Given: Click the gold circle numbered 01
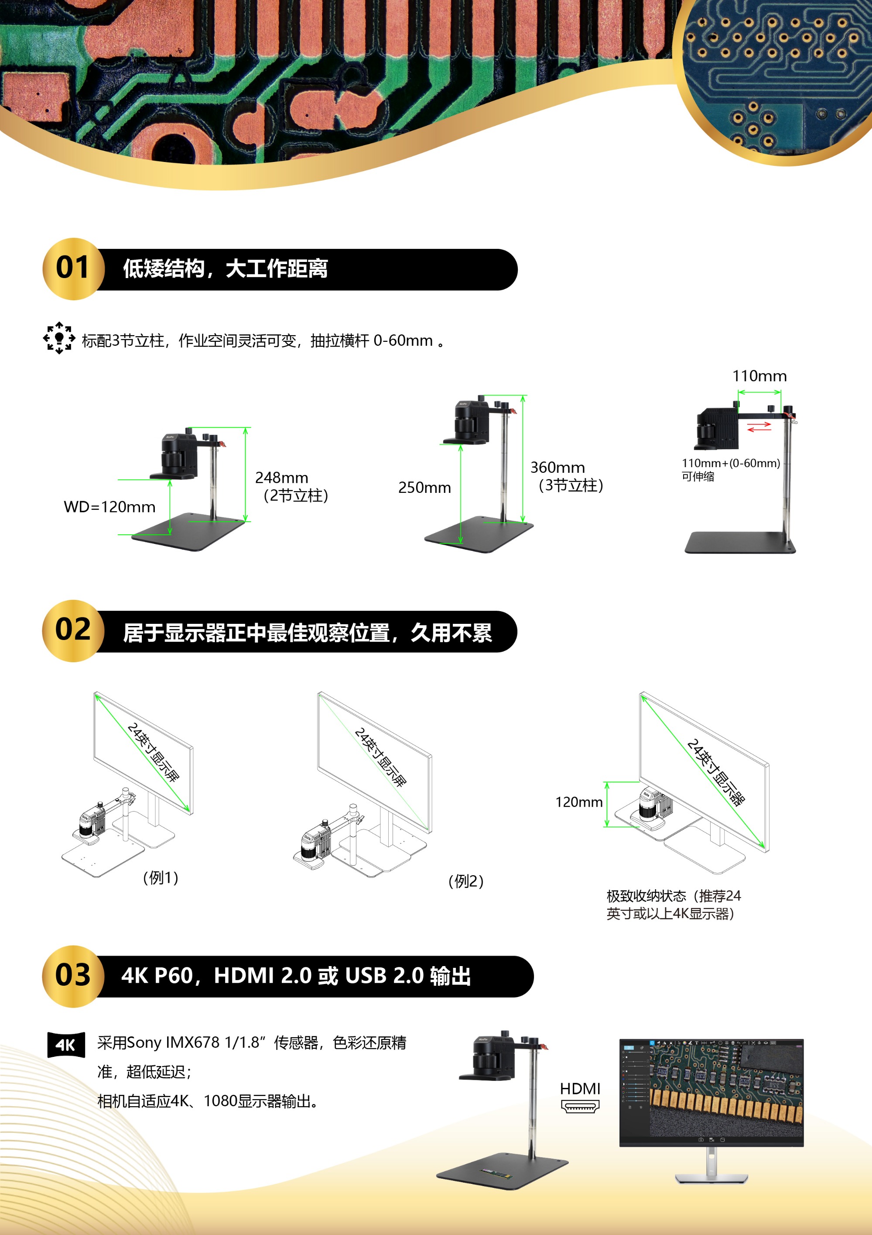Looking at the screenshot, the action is click(x=74, y=269).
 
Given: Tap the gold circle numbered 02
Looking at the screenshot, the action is click(x=73, y=631).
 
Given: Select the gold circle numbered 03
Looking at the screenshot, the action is click(x=73, y=976).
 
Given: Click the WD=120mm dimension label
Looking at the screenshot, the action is click(x=109, y=507).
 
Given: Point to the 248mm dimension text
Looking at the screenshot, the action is click(x=282, y=478).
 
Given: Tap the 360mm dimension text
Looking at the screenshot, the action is click(x=557, y=468).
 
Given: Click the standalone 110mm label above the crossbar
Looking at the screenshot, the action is click(x=759, y=376).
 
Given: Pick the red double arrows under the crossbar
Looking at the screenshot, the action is click(x=759, y=427).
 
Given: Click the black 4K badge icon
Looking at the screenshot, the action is click(x=66, y=1045).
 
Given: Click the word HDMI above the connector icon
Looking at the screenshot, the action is click(x=580, y=1089).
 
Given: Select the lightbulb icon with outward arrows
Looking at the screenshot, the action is click(x=59, y=338).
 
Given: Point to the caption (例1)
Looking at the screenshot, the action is click(x=160, y=878).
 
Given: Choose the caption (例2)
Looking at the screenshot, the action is click(x=466, y=881).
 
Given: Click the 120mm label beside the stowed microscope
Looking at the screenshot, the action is click(x=578, y=802).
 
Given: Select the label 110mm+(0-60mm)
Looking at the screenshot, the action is click(x=731, y=463).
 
